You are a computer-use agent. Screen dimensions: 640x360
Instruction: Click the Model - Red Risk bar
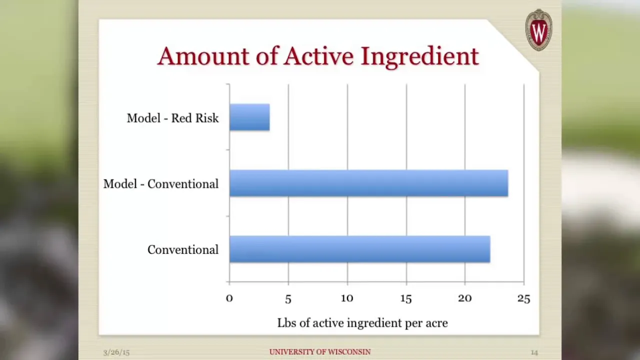tap(249, 117)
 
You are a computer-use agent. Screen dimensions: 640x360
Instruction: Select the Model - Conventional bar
tap(368, 183)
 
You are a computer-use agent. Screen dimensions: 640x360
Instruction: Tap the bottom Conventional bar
tap(359, 249)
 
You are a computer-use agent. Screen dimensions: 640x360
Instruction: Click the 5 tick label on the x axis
tap(288, 299)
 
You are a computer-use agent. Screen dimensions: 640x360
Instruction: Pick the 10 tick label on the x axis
tap(347, 298)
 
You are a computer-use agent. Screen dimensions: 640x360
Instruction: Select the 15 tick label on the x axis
tap(406, 299)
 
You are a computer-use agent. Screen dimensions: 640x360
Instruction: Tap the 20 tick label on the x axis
tap(465, 298)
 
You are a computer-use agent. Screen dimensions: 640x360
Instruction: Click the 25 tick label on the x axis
tap(523, 299)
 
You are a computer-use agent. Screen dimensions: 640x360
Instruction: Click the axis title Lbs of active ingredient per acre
tap(362, 323)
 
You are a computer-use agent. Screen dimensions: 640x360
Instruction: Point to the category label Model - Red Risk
tap(172, 118)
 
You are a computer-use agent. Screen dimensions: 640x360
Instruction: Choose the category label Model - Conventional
tap(161, 183)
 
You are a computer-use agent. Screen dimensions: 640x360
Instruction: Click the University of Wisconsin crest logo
tap(538, 30)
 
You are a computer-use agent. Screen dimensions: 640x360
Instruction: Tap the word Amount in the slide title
tap(203, 56)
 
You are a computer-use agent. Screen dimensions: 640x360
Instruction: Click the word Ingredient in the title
tap(419, 57)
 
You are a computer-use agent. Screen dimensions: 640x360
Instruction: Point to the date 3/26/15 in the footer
tap(116, 352)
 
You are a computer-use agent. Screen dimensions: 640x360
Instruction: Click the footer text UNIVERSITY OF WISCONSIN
tap(320, 351)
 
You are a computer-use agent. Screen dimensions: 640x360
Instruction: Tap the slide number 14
tap(534, 352)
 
